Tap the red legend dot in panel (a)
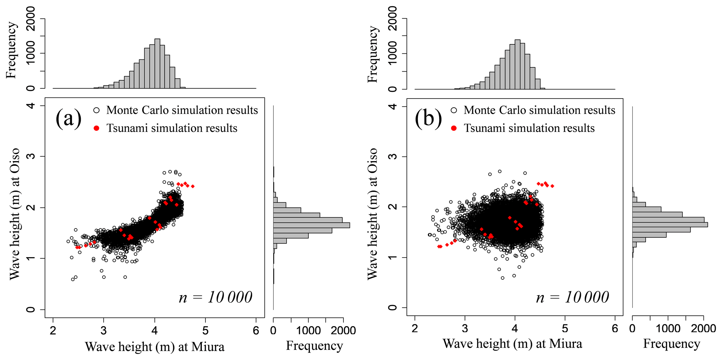click(x=97, y=128)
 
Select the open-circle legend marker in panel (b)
click(x=454, y=110)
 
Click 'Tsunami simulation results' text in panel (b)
click(x=529, y=128)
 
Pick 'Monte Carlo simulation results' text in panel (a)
click(x=182, y=110)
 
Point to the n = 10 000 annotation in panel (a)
click(x=216, y=297)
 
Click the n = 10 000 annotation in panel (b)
click(x=573, y=297)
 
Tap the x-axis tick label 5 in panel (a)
click(x=205, y=331)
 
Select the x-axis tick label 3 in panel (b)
click(x=465, y=329)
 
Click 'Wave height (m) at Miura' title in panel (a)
click(x=155, y=347)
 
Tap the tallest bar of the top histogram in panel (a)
click(x=157, y=63)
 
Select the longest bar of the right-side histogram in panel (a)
click(x=311, y=225)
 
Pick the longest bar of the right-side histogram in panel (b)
click(x=670, y=224)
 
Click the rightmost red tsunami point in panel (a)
click(x=193, y=186)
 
